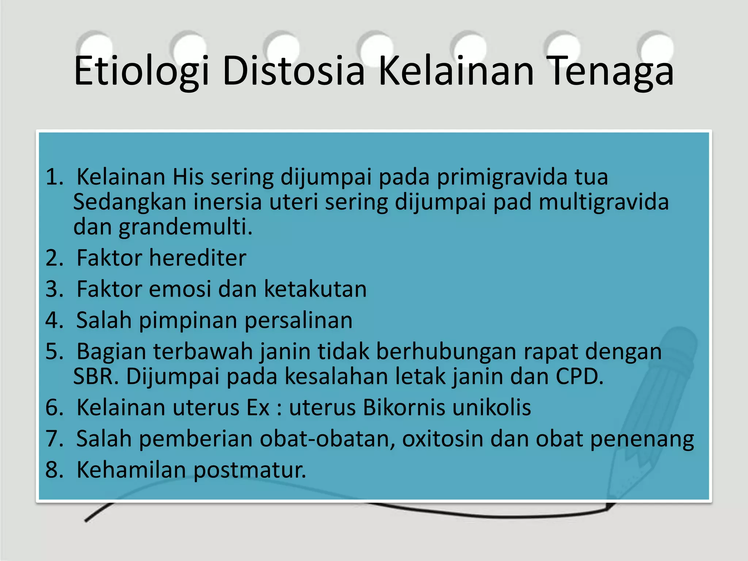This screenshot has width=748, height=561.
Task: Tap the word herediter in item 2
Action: (198, 258)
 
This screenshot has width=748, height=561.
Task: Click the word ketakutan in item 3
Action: (315, 289)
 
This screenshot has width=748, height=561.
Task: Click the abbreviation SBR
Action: (96, 377)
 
